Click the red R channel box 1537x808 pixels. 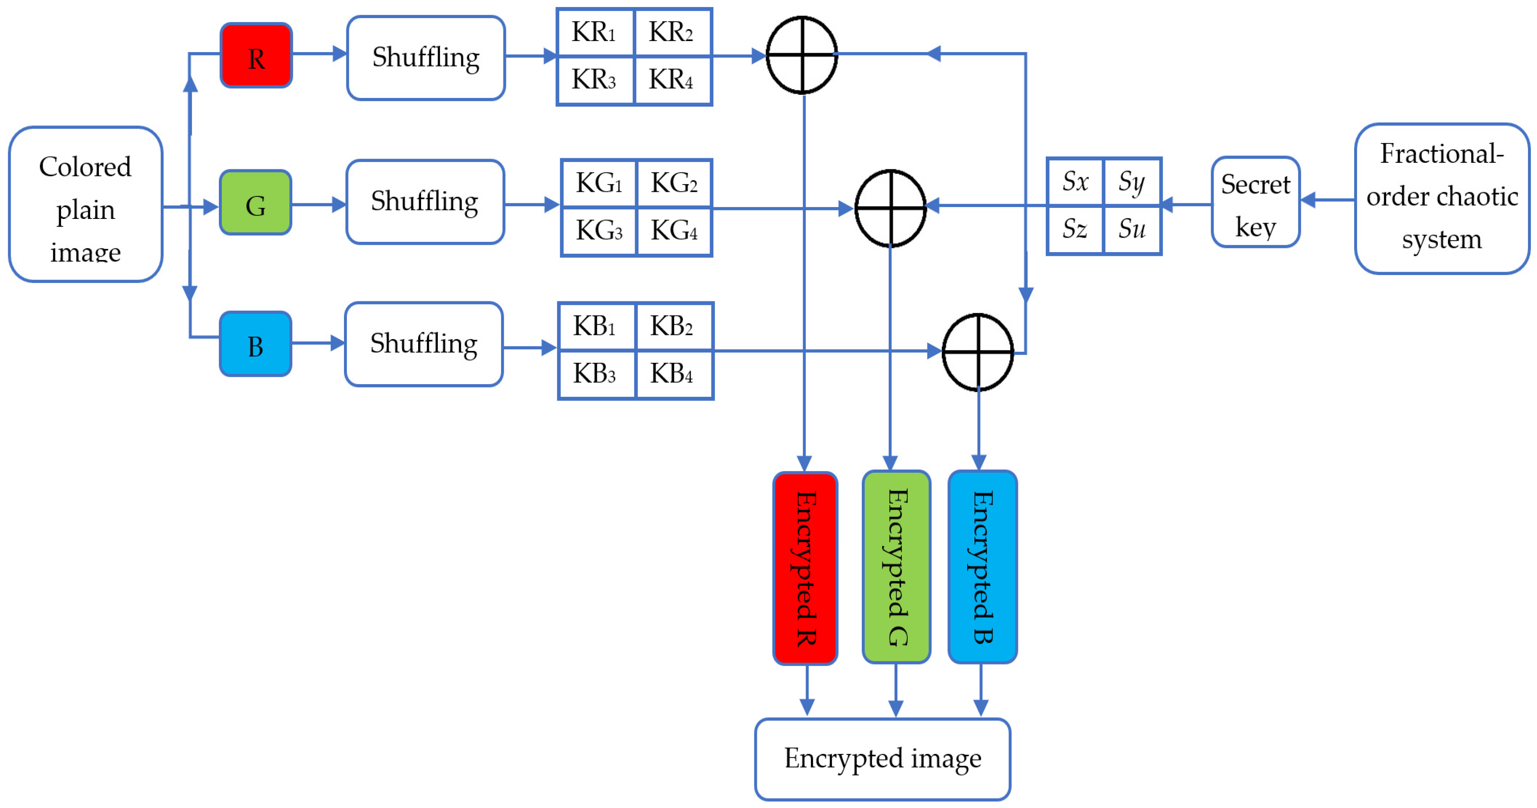pyautogui.click(x=256, y=55)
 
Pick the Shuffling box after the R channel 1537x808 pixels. pyautogui.click(x=426, y=58)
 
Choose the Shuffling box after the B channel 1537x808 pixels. pyautogui.click(x=424, y=344)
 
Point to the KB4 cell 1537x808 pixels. pyautogui.click(x=674, y=375)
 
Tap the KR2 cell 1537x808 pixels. pyautogui.click(x=672, y=33)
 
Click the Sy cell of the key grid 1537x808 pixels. pyautogui.click(x=1132, y=182)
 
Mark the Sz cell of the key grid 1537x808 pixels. pyautogui.click(x=1075, y=229)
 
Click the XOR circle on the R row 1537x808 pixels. pyautogui.click(x=802, y=55)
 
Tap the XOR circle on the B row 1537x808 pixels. pyautogui.click(x=977, y=352)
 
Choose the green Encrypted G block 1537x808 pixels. pyautogui.click(x=896, y=567)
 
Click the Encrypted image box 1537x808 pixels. pyautogui.click(x=882, y=758)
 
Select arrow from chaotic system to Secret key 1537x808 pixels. pyautogui.click(x=1327, y=200)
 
